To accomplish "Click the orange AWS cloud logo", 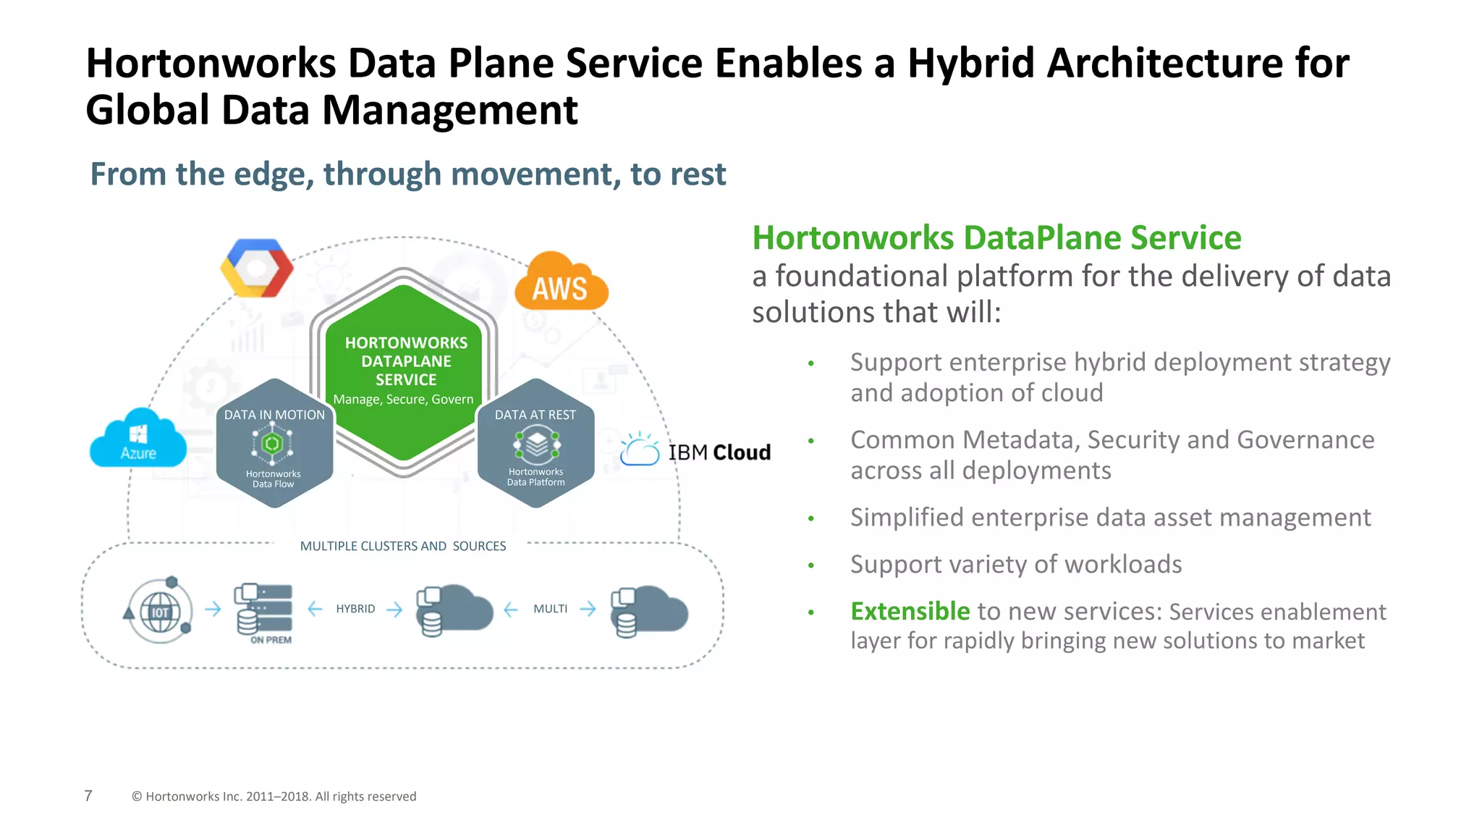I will pos(561,284).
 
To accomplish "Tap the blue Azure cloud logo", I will pos(137,439).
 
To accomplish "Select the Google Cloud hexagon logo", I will pos(256,268).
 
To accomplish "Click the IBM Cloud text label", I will pos(719,452).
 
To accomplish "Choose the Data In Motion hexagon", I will pos(274,443).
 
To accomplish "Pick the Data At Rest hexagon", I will pos(535,443).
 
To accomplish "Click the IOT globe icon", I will pos(160,611).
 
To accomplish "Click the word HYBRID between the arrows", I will pos(355,609).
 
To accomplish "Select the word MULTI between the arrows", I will pos(550,609).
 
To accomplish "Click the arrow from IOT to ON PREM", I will pos(213,609).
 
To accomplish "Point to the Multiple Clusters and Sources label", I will pos(403,546).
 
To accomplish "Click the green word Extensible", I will pos(910,611).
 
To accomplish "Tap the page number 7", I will pos(88,796).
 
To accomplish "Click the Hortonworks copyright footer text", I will pos(274,796).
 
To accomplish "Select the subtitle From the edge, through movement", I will pos(407,174).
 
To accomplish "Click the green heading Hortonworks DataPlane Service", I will pos(996,238).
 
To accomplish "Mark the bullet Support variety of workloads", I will pos(1015,564).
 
